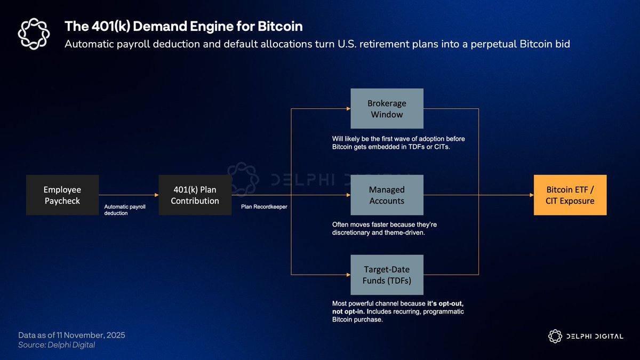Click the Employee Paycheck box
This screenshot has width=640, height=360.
(62, 195)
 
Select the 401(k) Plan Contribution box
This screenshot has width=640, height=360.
(195, 195)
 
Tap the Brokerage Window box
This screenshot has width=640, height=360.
(387, 109)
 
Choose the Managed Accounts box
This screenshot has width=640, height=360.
(387, 195)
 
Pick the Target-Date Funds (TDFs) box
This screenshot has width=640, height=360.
(387, 275)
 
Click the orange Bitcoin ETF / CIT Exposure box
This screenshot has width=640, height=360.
(570, 195)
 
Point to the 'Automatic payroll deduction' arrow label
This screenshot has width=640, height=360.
(125, 209)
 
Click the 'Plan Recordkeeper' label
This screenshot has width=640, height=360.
(263, 206)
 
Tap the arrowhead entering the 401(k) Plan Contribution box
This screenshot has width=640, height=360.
(156, 195)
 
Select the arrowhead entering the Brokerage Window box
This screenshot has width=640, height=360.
(348, 109)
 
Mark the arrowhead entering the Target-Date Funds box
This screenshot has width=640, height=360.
(348, 275)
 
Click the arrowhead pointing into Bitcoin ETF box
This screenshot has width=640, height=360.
(531, 195)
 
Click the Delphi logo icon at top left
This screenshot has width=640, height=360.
(34, 33)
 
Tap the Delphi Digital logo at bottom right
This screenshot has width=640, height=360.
(586, 336)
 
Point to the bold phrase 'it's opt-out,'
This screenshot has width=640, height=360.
(449, 303)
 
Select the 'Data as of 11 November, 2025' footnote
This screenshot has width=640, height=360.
(71, 335)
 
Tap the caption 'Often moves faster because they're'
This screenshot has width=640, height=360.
(384, 225)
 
